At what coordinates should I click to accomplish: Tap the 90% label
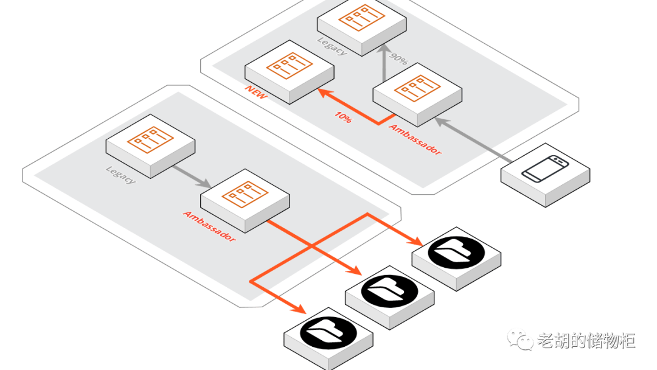click(398, 59)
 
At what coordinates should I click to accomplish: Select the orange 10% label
click(342, 117)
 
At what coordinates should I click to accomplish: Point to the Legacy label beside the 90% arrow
click(332, 47)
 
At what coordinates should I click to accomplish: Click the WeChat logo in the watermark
click(521, 339)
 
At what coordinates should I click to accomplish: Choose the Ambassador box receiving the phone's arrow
click(417, 92)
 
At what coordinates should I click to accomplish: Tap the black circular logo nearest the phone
click(456, 251)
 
